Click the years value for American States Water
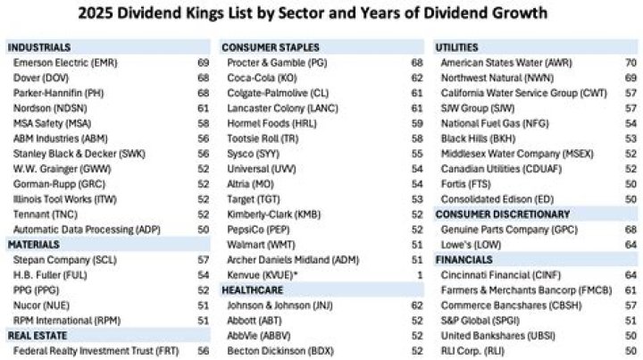point(630,63)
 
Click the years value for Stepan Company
point(203,260)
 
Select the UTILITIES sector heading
point(456,46)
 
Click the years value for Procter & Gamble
point(417,63)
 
